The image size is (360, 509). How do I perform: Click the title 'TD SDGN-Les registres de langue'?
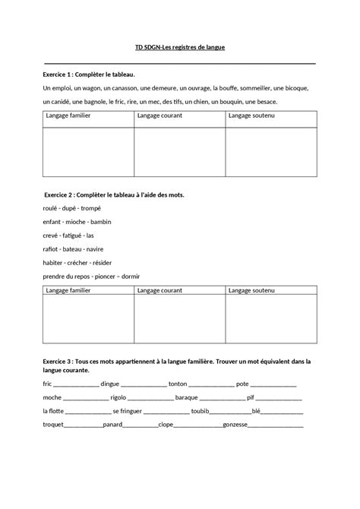(180, 47)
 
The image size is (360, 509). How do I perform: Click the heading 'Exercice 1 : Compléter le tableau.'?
(89, 75)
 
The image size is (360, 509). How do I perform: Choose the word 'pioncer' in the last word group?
(104, 277)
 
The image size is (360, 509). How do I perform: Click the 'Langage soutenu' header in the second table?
(251, 290)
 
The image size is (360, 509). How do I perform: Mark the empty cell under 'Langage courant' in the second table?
(179, 321)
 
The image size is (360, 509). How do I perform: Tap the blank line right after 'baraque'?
(222, 397)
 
